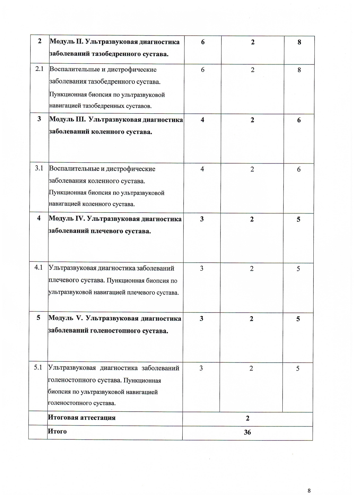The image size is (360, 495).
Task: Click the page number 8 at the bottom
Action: point(309,482)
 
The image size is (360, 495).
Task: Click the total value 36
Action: point(247,432)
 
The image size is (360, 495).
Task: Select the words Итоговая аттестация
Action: point(82,418)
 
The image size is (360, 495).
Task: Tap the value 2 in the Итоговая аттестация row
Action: point(248,418)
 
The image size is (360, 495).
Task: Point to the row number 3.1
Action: point(39,168)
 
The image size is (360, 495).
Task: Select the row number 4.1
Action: point(38,267)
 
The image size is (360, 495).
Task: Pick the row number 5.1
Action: point(38,367)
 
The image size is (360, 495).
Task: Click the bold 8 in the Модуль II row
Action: point(299,42)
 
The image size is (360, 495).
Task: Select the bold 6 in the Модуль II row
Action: point(203,42)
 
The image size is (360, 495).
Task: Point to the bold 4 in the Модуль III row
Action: point(202,120)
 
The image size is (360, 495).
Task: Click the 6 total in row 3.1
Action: point(299,169)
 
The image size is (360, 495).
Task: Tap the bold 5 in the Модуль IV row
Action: point(298,219)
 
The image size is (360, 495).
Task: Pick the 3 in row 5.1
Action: point(201,368)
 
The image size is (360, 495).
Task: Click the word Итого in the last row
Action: point(57,431)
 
